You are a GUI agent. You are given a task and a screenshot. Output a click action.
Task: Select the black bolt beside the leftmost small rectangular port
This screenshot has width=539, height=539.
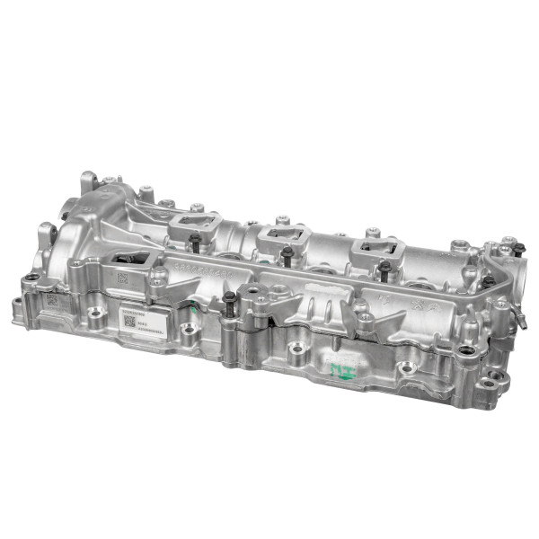click(x=195, y=242)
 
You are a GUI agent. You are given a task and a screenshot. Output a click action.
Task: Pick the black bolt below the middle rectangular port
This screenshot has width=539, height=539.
click(x=286, y=255)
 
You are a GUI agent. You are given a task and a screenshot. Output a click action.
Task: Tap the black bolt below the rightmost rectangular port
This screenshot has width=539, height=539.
click(x=384, y=268)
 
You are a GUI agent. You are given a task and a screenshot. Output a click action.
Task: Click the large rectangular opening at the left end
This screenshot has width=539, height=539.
click(x=131, y=261)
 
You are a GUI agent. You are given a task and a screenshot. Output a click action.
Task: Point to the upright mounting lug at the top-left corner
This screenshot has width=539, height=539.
click(x=88, y=182)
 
